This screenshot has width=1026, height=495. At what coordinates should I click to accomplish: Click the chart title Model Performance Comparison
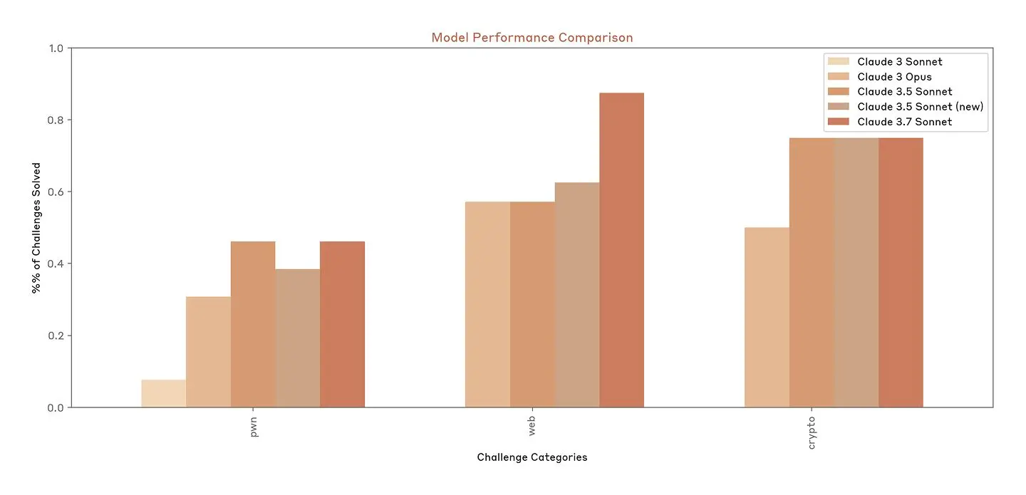532,38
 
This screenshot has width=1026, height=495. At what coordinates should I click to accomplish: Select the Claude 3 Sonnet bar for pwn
163,394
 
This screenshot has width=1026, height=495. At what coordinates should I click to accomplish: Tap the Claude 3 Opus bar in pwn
208,352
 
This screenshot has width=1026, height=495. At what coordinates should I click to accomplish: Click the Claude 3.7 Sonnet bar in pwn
342,325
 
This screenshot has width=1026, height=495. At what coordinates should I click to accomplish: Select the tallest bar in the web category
621,250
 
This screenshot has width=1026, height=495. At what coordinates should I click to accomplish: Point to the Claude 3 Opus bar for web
487,305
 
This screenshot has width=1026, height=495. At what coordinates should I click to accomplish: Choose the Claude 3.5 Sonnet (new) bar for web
577,295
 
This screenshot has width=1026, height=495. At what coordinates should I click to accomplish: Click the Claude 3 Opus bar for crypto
767,318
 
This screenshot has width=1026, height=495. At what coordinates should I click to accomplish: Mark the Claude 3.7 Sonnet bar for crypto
901,273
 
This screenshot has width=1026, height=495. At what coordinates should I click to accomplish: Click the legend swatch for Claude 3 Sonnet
838,62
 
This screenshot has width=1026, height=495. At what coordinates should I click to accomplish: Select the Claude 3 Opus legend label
894,77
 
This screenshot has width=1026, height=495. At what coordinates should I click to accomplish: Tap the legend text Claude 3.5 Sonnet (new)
920,107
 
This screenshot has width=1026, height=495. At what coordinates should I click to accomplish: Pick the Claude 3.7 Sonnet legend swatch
838,122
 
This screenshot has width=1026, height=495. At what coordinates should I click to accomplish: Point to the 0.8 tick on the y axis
54,120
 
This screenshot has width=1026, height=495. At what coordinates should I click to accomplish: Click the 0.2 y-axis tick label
54,335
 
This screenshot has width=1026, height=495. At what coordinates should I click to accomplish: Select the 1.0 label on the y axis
54,48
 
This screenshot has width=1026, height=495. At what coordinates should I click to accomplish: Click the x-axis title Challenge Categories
532,457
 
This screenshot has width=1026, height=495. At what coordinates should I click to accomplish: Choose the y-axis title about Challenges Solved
36,228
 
